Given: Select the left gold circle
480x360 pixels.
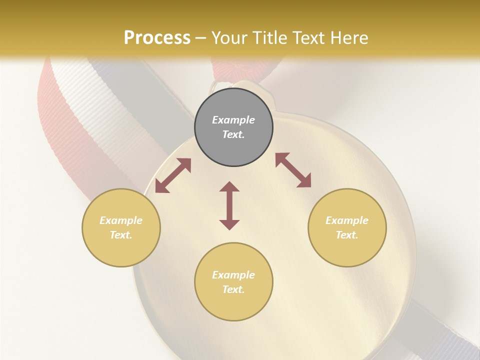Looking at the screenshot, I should point(121,250).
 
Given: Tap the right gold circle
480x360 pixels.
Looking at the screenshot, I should point(347,250).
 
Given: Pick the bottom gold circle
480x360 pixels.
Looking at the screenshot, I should point(233,305).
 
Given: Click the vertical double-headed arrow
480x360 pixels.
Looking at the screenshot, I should point(229,205).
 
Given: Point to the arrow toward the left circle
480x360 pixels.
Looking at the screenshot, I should point(173,175).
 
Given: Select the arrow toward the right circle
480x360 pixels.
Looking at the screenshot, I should point(293,170).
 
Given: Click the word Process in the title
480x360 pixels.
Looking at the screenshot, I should point(157,37).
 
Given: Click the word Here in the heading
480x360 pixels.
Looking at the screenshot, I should point(349,37).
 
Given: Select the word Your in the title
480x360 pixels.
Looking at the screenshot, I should point(227,37).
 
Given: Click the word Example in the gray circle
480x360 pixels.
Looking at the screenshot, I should point(233,120).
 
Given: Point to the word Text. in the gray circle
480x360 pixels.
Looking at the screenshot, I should point(233,134).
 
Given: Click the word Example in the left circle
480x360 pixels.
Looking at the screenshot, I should point(121,220).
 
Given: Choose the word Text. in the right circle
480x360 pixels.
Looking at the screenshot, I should point(347,235).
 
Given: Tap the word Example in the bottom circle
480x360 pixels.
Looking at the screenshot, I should point(233,275).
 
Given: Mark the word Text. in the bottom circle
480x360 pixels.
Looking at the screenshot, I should point(233,289).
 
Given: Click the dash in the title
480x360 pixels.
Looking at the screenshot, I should point(200,38).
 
